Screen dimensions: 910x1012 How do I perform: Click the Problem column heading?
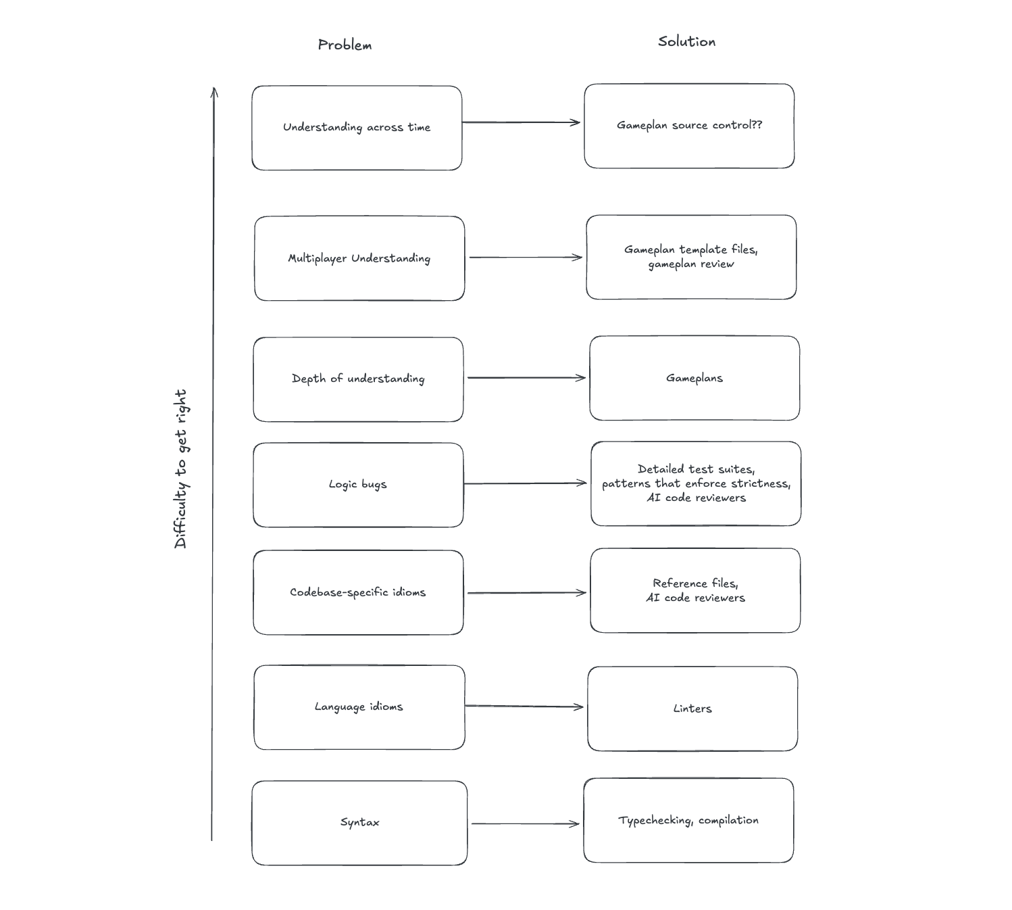point(345,45)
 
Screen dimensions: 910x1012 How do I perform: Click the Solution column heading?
point(686,42)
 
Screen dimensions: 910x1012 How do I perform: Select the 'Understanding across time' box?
point(357,128)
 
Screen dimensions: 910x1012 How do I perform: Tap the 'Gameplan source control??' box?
point(689,126)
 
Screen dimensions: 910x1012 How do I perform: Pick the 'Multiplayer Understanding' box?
point(359,258)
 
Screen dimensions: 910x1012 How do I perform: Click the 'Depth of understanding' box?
point(358,379)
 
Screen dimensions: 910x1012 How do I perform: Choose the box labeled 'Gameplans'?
point(694,378)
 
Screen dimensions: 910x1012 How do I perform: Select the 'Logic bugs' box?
point(358,485)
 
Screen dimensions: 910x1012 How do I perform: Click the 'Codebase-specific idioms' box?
point(358,592)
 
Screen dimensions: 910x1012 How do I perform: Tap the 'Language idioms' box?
point(359,707)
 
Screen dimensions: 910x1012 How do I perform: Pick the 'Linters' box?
point(692,709)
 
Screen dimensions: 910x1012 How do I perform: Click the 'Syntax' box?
point(359,823)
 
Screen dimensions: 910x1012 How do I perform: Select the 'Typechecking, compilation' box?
point(688,820)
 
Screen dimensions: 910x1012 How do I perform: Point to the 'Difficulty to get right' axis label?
point(180,469)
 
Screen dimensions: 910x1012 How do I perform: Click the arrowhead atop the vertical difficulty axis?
point(214,92)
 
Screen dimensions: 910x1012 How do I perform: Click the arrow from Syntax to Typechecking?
point(525,823)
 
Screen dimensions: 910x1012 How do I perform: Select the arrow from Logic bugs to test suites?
point(525,483)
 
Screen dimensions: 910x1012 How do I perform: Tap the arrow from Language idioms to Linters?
point(524,707)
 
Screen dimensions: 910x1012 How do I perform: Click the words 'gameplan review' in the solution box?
point(691,264)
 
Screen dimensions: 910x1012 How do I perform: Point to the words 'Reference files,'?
point(695,583)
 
